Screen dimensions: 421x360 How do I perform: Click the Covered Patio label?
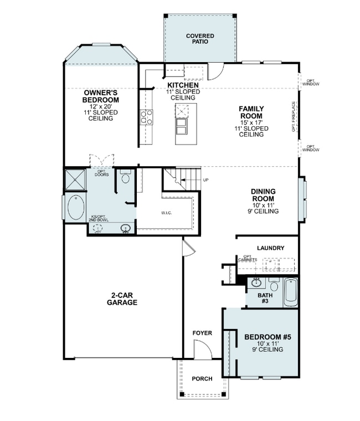tap(200, 38)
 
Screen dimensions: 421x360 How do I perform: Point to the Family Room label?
tap(251, 112)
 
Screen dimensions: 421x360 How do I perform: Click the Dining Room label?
tap(264, 196)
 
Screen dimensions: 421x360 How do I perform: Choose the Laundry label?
tap(270, 248)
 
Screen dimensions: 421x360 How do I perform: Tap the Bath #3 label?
tap(265, 299)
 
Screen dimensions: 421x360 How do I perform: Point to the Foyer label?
tap(202, 333)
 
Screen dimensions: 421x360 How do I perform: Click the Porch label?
tap(202, 379)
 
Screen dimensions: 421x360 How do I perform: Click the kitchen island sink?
tap(181, 130)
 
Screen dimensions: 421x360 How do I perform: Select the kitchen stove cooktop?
tap(147, 116)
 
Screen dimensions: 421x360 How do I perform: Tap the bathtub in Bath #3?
tap(290, 291)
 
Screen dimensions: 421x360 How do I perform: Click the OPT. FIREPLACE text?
tap(294, 117)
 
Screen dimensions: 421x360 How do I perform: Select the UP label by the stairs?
tap(206, 180)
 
